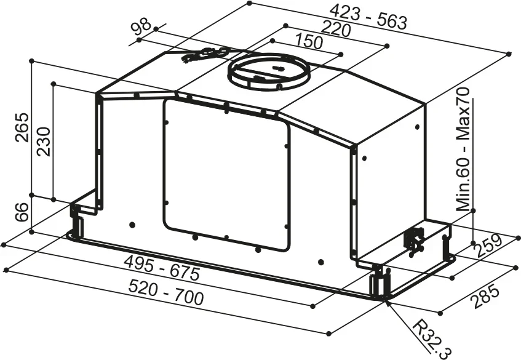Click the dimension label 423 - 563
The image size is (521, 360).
point(368,17)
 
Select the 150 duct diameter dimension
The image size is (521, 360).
point(309,42)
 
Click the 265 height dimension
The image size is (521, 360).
point(22,127)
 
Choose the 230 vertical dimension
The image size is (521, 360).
point(43,142)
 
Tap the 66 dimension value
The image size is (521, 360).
point(22,212)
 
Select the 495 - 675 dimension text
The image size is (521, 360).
point(162,268)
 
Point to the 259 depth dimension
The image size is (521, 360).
point(487,246)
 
